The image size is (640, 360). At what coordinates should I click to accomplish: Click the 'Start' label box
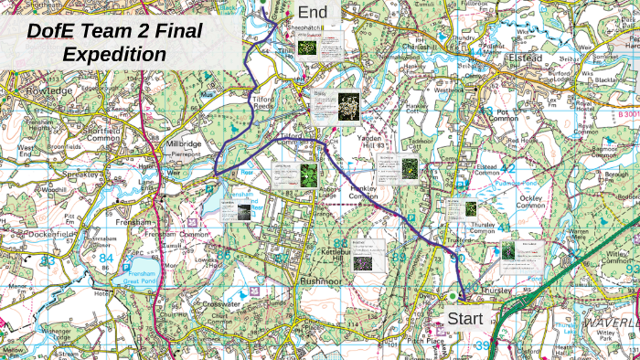click(x=464, y=319)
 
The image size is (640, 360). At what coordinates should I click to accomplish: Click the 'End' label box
click(x=313, y=13)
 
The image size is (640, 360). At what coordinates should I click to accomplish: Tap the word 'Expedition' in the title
click(x=114, y=54)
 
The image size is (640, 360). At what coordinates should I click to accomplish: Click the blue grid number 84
click(x=107, y=259)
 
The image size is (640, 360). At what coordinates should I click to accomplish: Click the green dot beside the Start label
click(x=452, y=296)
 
